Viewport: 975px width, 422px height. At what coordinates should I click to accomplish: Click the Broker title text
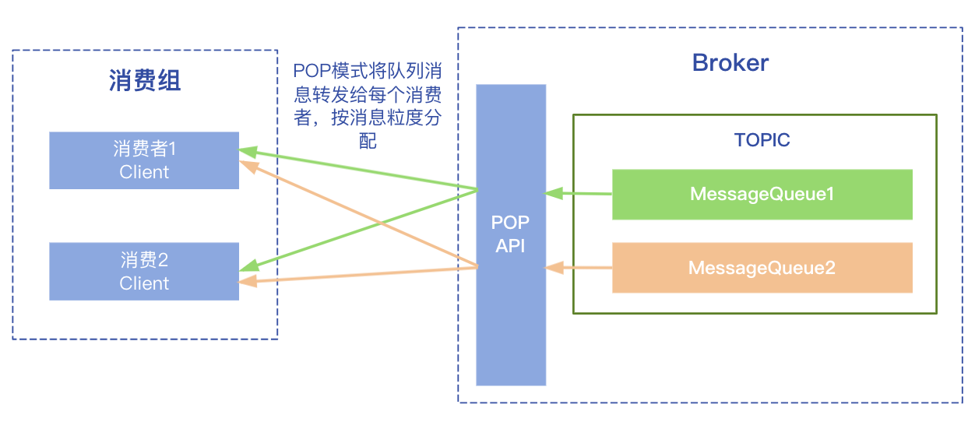[x=730, y=63]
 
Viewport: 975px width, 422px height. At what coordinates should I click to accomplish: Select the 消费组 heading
[x=145, y=80]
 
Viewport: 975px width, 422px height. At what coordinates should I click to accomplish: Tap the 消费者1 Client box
[x=144, y=160]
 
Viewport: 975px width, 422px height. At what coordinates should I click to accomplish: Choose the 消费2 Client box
[x=144, y=271]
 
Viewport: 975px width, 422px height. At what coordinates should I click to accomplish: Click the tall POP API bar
[x=511, y=327]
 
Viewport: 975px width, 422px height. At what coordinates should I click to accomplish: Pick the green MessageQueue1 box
[x=762, y=194]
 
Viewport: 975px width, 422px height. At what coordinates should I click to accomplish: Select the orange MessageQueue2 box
[x=762, y=268]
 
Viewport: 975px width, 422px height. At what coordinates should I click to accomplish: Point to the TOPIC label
[x=762, y=140]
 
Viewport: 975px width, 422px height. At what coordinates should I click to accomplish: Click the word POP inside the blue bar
[x=510, y=223]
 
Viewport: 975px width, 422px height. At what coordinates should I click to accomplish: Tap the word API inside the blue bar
[x=510, y=246]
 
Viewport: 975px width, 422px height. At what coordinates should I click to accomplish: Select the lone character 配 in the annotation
[x=368, y=141]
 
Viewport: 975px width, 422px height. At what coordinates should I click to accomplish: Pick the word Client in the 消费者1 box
[x=144, y=172]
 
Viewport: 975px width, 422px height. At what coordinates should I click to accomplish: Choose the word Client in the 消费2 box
[x=144, y=283]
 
